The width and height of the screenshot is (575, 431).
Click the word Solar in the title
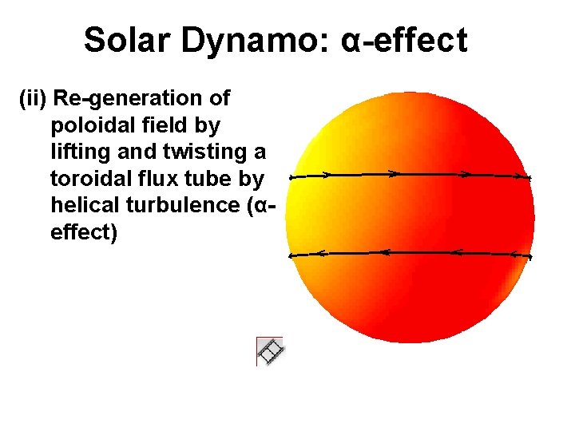[128, 40]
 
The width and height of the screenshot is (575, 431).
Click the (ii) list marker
[32, 99]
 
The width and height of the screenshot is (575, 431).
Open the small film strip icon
[270, 350]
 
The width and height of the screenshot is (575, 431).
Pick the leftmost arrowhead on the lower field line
[319, 253]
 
